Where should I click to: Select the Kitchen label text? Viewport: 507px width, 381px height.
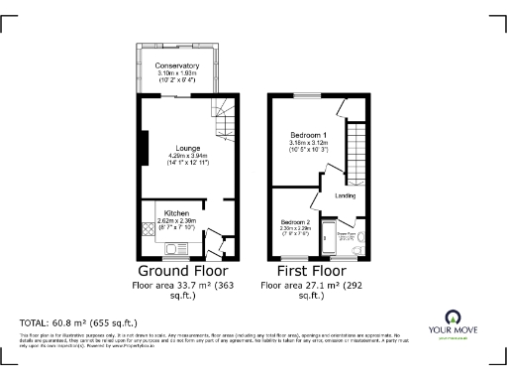coord(176,213)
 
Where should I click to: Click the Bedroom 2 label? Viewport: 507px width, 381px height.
coord(295,221)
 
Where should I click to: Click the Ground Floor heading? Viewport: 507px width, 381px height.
coord(182,270)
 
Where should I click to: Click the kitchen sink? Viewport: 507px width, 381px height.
coord(179,248)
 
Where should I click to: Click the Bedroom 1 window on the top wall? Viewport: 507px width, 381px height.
coord(307,97)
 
